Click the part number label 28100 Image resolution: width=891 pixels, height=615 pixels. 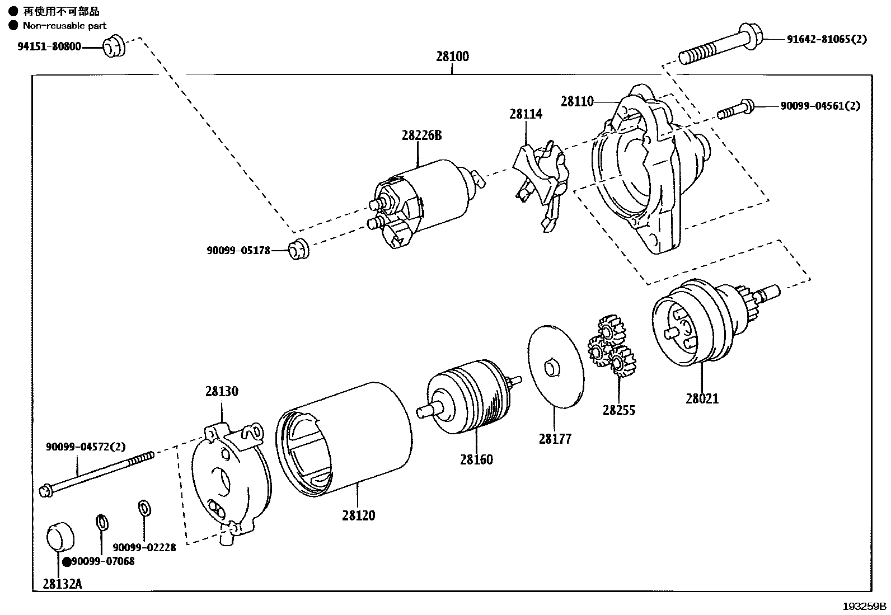pos(452,57)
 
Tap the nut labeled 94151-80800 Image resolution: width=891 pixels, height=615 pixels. pos(114,46)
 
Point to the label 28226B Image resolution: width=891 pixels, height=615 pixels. pos(421,135)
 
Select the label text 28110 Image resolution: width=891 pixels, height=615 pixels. pos(577,101)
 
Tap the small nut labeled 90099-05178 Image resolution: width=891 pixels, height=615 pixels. pos(299,250)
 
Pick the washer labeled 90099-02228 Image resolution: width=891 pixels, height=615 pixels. pos(144,508)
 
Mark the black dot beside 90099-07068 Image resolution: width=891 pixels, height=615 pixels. pos(67,562)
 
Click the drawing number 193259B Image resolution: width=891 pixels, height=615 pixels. pos(865,606)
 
